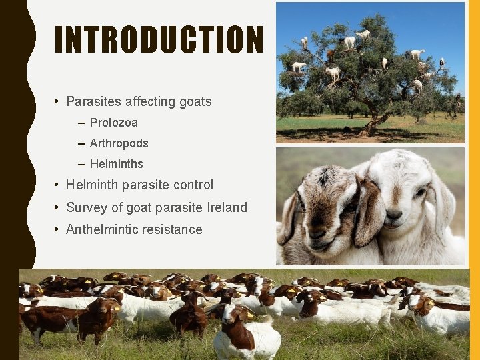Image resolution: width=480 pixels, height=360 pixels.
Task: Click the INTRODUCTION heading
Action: (x=159, y=40)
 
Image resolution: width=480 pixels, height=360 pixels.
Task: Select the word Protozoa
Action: (x=114, y=123)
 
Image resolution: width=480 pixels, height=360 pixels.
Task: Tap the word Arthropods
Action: (x=119, y=143)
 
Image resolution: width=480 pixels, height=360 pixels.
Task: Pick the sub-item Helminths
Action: (x=117, y=164)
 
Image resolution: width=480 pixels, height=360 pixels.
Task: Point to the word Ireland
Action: (x=226, y=208)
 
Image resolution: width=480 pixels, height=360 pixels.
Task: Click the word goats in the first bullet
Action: (x=195, y=102)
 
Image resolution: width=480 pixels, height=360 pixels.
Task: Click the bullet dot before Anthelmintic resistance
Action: (x=59, y=230)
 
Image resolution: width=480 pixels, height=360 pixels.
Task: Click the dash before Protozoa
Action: (x=81, y=123)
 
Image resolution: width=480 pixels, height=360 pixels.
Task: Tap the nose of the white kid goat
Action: (x=394, y=216)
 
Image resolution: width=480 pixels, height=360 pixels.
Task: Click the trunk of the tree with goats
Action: (x=377, y=120)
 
